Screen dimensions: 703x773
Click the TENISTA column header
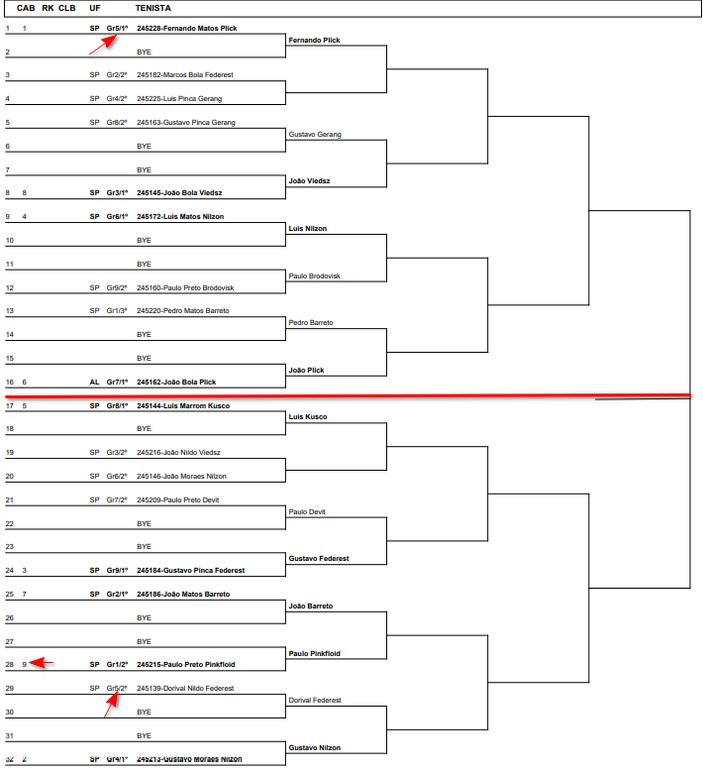[x=152, y=8]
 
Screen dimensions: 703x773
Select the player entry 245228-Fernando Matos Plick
[x=186, y=29]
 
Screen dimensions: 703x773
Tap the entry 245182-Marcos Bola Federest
[x=185, y=75]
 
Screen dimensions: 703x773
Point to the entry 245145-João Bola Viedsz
[x=179, y=193]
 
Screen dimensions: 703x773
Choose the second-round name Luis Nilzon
[x=307, y=229]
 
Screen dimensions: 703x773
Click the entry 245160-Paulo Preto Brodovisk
[x=186, y=288]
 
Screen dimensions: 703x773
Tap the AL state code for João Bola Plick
[x=95, y=383]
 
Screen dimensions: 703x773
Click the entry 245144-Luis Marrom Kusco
[x=183, y=406]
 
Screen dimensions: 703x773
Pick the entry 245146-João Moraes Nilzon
[x=181, y=477]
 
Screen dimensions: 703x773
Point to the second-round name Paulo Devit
[x=306, y=512]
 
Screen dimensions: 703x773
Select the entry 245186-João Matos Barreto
[x=183, y=595]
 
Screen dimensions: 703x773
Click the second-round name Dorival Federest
[x=314, y=701]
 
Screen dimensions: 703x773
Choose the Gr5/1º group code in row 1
[x=117, y=29]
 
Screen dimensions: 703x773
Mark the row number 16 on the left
[x=8, y=383]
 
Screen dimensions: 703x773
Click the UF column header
[x=95, y=8]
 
